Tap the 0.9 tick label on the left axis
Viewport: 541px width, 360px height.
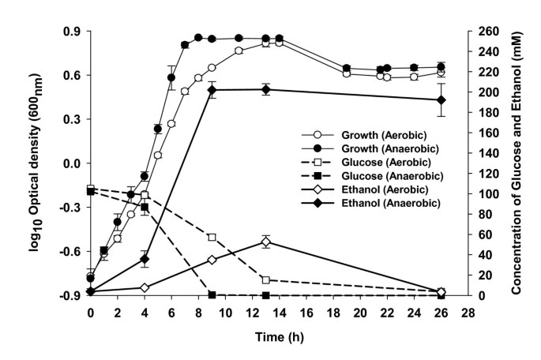click(x=72, y=32)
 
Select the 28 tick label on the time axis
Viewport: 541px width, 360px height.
click(x=468, y=313)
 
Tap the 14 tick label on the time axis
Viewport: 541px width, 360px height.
click(x=280, y=313)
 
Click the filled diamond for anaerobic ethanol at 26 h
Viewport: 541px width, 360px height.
click(x=441, y=99)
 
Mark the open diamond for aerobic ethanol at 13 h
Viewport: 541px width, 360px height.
click(x=266, y=242)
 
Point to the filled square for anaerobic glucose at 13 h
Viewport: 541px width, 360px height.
click(x=266, y=295)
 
